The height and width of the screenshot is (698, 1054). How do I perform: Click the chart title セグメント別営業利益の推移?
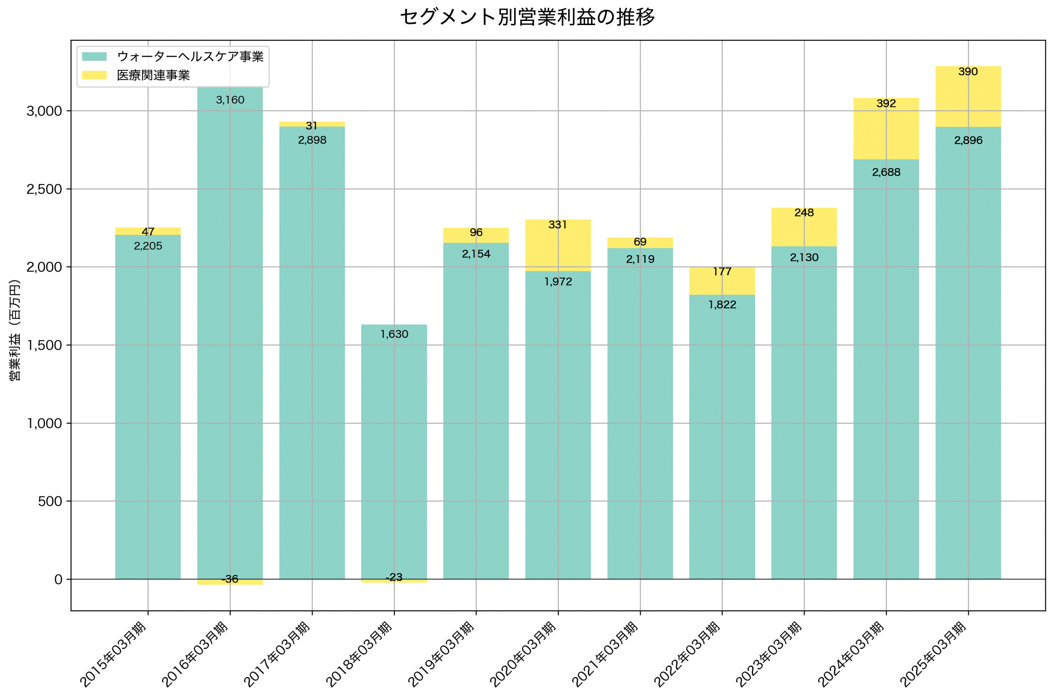coord(527,17)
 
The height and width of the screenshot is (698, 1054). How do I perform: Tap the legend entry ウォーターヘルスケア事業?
coord(190,56)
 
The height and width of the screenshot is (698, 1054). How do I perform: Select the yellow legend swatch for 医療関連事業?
coord(94,75)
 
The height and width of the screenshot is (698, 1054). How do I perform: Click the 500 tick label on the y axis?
coord(49,502)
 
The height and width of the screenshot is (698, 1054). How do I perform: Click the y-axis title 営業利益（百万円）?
coord(15,330)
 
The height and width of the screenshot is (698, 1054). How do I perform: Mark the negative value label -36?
coord(230,579)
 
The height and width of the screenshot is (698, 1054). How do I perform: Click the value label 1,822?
coord(722,305)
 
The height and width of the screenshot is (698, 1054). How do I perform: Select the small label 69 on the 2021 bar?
coord(640,242)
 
